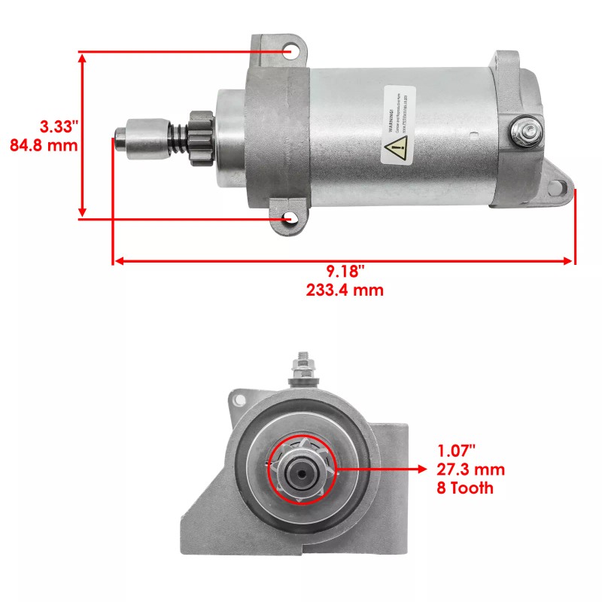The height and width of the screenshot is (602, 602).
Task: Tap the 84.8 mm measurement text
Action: (44, 144)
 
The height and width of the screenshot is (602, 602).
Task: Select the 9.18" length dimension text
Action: (345, 271)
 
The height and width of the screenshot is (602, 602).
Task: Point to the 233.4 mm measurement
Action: (345, 290)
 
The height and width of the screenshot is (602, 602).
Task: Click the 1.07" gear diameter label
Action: (457, 451)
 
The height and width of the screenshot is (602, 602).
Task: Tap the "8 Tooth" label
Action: (465, 488)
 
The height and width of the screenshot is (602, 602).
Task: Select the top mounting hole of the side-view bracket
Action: (291, 51)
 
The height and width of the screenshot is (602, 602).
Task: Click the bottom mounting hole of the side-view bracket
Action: (290, 218)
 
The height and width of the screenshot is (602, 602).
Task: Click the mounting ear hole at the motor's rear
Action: (558, 190)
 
